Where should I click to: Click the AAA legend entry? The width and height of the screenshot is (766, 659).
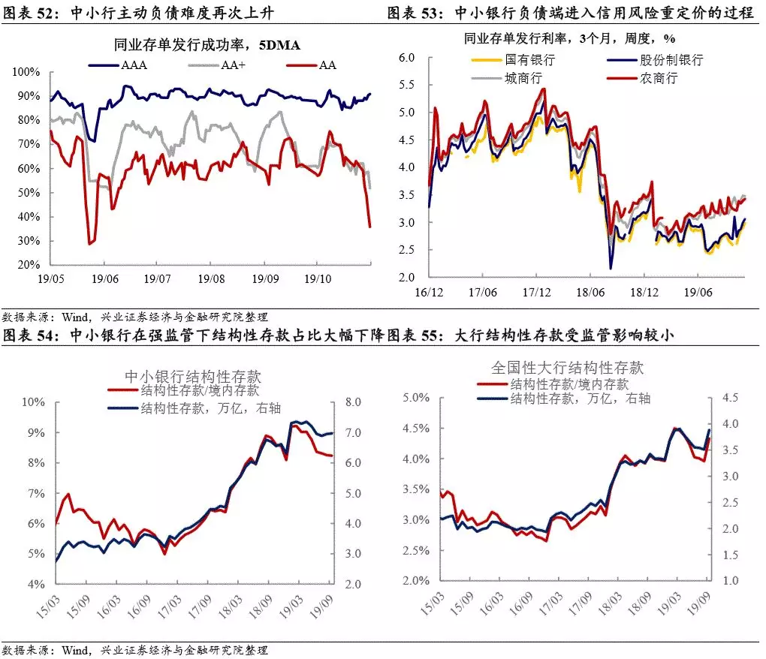pos(118,65)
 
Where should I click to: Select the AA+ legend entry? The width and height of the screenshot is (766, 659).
pos(216,65)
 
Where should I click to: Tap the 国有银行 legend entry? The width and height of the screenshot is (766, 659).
pos(513,59)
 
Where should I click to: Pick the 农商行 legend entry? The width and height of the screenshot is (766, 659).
pos(642,78)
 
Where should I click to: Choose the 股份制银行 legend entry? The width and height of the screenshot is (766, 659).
pos(655,59)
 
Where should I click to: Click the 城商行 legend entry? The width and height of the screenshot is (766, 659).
pos(507,78)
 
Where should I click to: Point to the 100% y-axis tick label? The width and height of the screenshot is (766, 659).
pos(26,72)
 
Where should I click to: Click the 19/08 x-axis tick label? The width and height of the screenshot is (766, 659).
pos(211,278)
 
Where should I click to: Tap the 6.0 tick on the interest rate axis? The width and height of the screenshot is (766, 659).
pos(406,58)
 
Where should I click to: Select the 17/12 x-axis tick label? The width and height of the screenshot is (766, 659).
pos(536,293)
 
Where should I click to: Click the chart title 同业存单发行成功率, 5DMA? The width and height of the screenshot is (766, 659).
pos(207,45)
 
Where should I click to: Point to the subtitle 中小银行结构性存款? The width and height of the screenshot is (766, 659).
pos(193,376)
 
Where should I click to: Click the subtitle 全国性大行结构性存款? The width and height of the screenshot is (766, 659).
pos(567,367)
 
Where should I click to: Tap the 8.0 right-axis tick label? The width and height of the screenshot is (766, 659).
pos(353,402)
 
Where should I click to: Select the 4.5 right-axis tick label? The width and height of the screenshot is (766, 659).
pos(730,398)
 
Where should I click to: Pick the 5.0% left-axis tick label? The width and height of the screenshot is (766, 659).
pos(416,398)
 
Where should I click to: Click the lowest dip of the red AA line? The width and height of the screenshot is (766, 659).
pos(89,244)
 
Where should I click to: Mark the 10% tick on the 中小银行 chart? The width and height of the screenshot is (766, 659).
pos(33,402)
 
